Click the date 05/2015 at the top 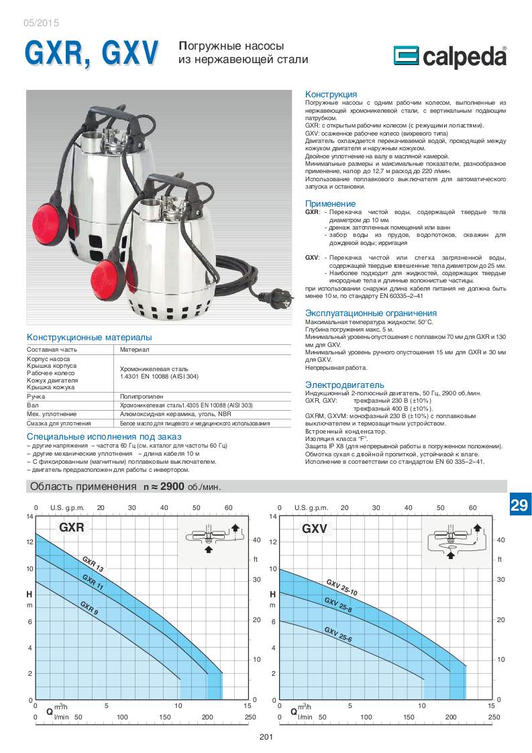click(x=41, y=23)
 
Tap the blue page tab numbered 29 click(x=519, y=505)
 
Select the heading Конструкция click(x=331, y=94)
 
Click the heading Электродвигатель click(x=345, y=385)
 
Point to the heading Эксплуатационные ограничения click(x=371, y=313)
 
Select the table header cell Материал click(x=134, y=350)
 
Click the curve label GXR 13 click(x=93, y=564)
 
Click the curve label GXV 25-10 click(x=341, y=587)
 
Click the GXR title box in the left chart click(x=72, y=528)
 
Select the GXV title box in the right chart click(x=314, y=528)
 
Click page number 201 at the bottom click(x=266, y=738)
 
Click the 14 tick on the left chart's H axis click(x=29, y=516)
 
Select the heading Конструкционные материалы click(x=89, y=337)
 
